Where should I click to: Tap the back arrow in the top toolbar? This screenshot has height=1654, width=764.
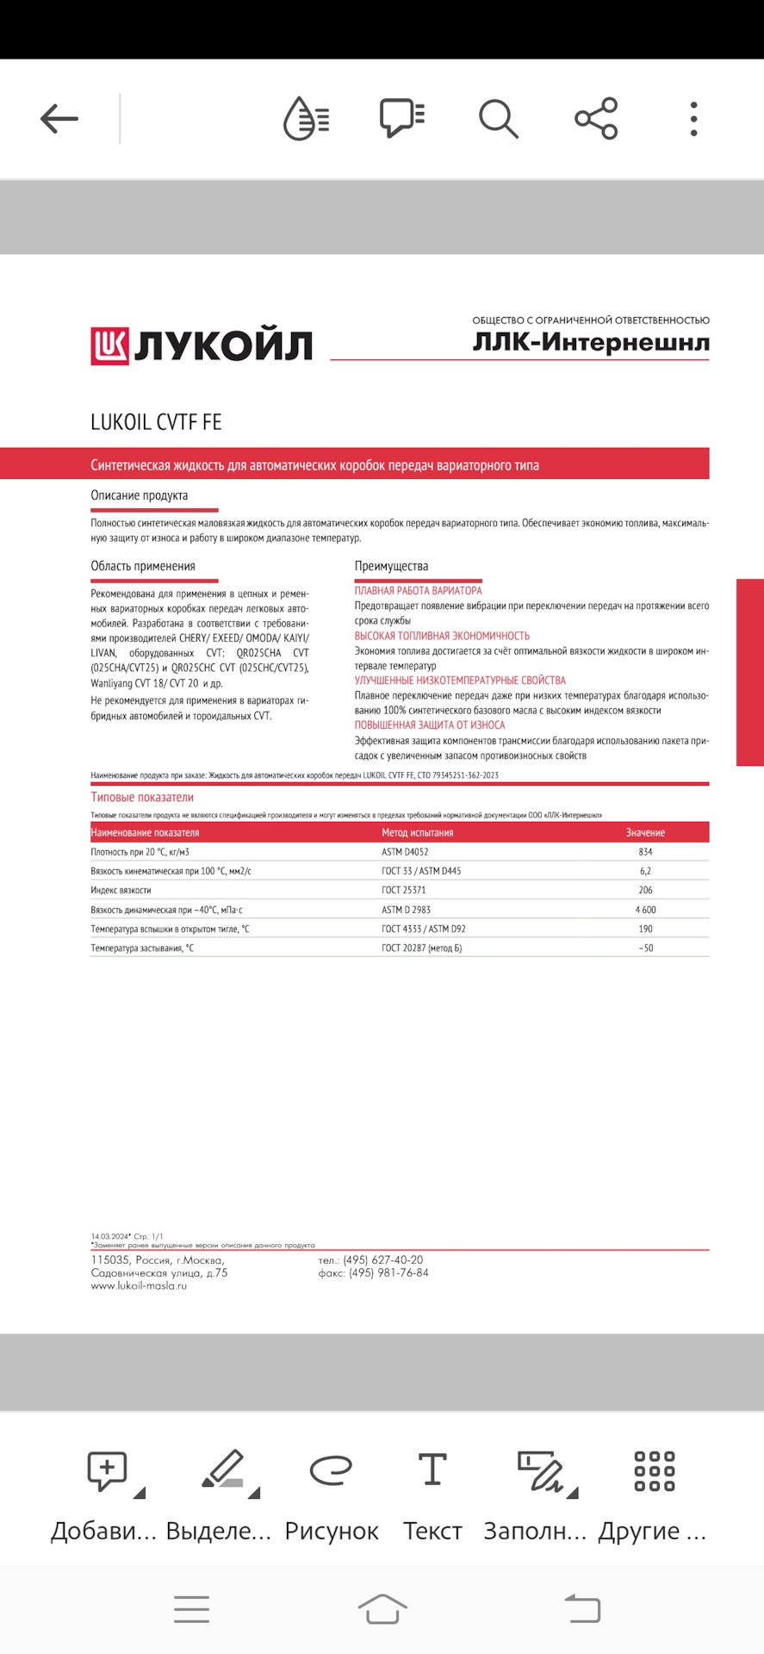coord(59,119)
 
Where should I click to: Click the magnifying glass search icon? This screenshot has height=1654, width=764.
coord(499,119)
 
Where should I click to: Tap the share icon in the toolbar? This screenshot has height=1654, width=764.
coord(596,119)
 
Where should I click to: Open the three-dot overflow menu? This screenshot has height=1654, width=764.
coord(693,119)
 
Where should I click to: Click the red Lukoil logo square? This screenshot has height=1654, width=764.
coord(109,346)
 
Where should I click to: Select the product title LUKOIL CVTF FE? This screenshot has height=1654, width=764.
coord(156,422)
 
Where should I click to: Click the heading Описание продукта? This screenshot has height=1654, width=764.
coord(140,495)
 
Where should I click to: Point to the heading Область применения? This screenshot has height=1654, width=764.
coord(143,566)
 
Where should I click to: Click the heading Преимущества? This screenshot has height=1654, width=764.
coord(391,566)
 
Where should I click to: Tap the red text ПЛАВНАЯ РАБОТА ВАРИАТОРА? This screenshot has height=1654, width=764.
coord(419,591)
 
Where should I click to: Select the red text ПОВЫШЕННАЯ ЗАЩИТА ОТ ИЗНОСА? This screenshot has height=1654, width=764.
coord(430,725)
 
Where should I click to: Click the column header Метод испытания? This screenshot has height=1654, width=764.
coord(418,833)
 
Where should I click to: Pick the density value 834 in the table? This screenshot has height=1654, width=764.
coord(645,852)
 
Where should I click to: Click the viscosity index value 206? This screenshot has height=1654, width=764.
coord(645,890)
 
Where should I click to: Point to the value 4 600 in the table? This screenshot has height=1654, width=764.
coord(645,910)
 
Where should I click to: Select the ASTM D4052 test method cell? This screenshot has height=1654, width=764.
coord(405,852)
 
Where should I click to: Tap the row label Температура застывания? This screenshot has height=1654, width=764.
coord(142,948)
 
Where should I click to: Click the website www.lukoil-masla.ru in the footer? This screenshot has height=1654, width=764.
coord(139,1286)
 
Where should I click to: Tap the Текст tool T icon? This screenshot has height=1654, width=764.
coord(432,1470)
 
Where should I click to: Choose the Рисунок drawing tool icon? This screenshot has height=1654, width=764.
coord(332,1470)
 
